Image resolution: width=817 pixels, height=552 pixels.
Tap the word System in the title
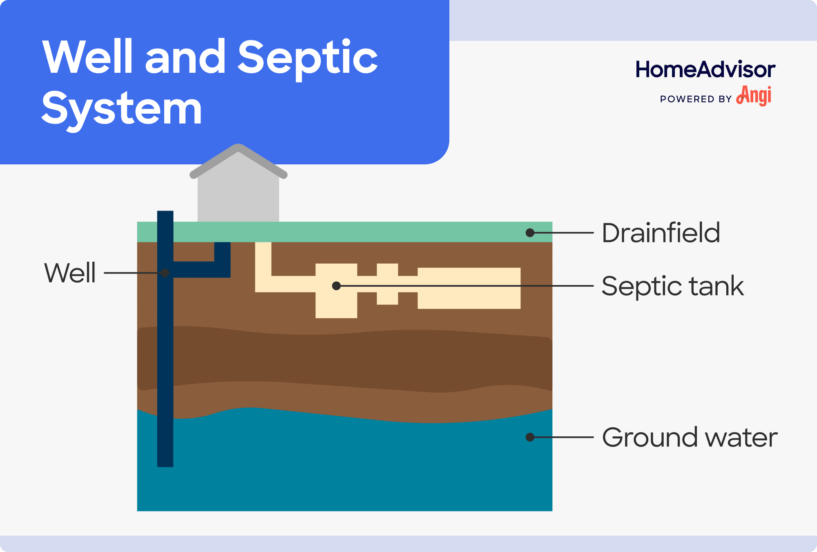click(x=122, y=109)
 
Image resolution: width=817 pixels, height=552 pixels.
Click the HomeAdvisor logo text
click(x=705, y=70)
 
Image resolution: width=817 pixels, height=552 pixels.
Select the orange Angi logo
click(x=754, y=96)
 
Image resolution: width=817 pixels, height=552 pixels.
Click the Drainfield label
click(x=661, y=233)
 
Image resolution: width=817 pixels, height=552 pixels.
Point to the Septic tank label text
click(x=672, y=286)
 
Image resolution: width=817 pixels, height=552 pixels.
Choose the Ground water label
click(x=690, y=438)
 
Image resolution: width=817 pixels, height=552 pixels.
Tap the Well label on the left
click(x=70, y=273)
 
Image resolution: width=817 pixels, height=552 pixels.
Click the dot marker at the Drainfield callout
click(x=530, y=233)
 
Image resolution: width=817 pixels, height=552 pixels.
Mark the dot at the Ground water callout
click(x=530, y=437)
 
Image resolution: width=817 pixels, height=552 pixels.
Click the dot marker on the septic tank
click(x=336, y=286)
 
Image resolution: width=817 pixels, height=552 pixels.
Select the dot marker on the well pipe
click(x=165, y=273)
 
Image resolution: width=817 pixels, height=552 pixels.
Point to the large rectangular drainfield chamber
click(x=469, y=288)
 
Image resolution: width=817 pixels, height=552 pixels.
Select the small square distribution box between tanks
click(x=387, y=284)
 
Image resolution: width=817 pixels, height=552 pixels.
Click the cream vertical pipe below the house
click(x=263, y=262)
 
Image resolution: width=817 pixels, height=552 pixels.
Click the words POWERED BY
click(x=695, y=99)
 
